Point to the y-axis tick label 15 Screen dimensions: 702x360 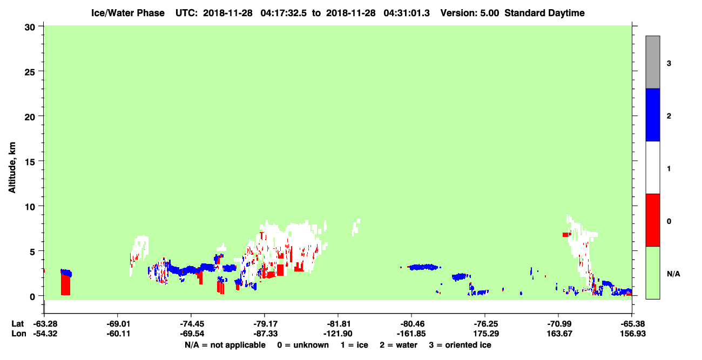tap(30, 162)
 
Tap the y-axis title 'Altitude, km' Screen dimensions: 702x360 tap(12, 167)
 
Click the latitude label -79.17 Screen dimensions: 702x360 tap(265, 324)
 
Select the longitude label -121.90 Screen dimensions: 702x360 tap(338, 334)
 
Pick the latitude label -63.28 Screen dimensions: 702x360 tap(45, 324)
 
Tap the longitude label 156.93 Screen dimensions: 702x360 tap(633, 334)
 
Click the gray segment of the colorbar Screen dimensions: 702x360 tap(653, 62)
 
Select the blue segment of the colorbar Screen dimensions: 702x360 tap(653, 114)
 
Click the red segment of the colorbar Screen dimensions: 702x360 tap(653, 220)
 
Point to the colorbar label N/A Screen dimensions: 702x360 tap(673, 274)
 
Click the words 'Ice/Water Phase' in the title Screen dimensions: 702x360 tap(128, 13)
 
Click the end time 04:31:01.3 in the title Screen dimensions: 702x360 tap(407, 13)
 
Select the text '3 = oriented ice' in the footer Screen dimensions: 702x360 tap(460, 345)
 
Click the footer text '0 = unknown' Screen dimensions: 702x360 tap(303, 345)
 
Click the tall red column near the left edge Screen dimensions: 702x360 tap(65, 283)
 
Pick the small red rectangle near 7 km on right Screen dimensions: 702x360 tap(567, 235)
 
